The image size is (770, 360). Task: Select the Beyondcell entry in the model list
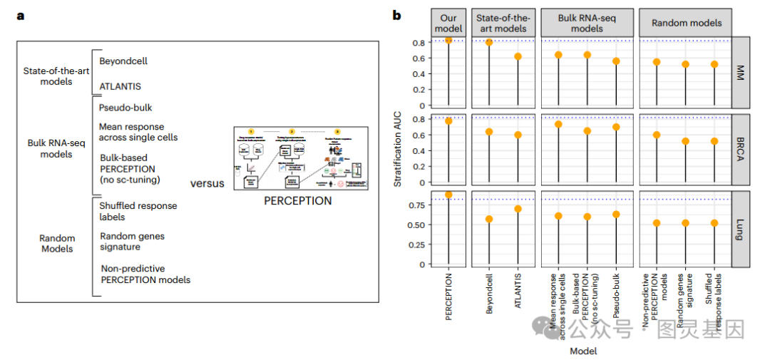tap(123, 61)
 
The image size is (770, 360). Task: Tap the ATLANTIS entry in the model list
tap(120, 86)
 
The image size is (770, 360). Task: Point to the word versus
tap(207, 183)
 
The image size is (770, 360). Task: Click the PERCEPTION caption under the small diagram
tap(297, 201)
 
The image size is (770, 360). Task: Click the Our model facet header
tap(448, 23)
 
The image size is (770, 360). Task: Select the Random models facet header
tap(687, 23)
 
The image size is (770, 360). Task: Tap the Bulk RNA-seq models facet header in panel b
tap(587, 23)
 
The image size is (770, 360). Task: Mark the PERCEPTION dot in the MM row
tap(448, 40)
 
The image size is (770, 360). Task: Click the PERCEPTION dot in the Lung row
tap(448, 195)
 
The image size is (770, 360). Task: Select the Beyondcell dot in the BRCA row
tap(489, 132)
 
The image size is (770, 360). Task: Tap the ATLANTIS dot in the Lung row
tap(518, 209)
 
